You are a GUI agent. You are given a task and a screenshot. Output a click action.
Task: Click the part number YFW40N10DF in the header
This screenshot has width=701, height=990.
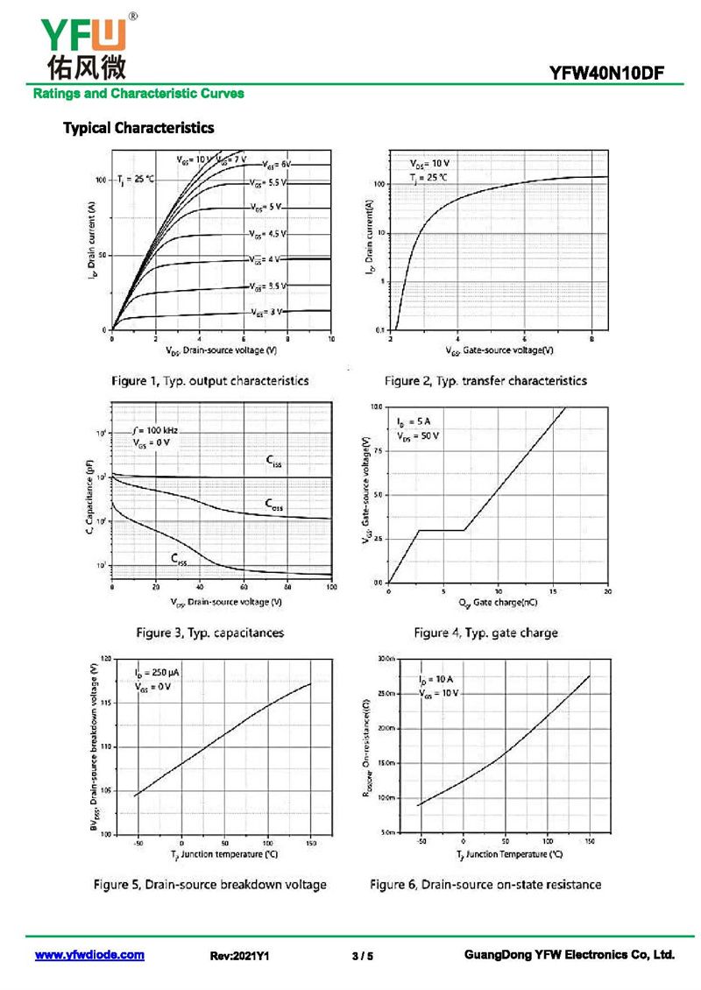613,74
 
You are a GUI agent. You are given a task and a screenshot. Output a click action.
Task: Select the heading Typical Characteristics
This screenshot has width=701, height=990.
138,128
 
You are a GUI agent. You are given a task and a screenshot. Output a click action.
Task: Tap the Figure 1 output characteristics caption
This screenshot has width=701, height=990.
210,381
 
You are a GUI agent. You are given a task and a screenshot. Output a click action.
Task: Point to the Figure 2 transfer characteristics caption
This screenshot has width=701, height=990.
485,381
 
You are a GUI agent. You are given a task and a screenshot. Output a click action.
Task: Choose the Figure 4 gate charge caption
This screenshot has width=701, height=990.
485,632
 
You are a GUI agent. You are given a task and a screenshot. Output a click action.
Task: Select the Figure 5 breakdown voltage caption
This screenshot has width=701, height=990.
210,884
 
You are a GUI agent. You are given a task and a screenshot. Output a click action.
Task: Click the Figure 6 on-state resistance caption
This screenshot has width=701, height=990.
485,884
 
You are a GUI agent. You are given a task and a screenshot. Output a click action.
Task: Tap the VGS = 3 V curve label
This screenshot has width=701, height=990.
267,312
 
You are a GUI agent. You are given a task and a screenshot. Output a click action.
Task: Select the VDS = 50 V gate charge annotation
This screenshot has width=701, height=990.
418,435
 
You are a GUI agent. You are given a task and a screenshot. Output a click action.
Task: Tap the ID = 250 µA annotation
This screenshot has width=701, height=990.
157,673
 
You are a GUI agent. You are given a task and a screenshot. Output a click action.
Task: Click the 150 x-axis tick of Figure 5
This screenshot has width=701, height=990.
311,842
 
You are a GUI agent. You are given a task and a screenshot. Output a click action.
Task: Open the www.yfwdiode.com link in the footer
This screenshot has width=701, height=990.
89,955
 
